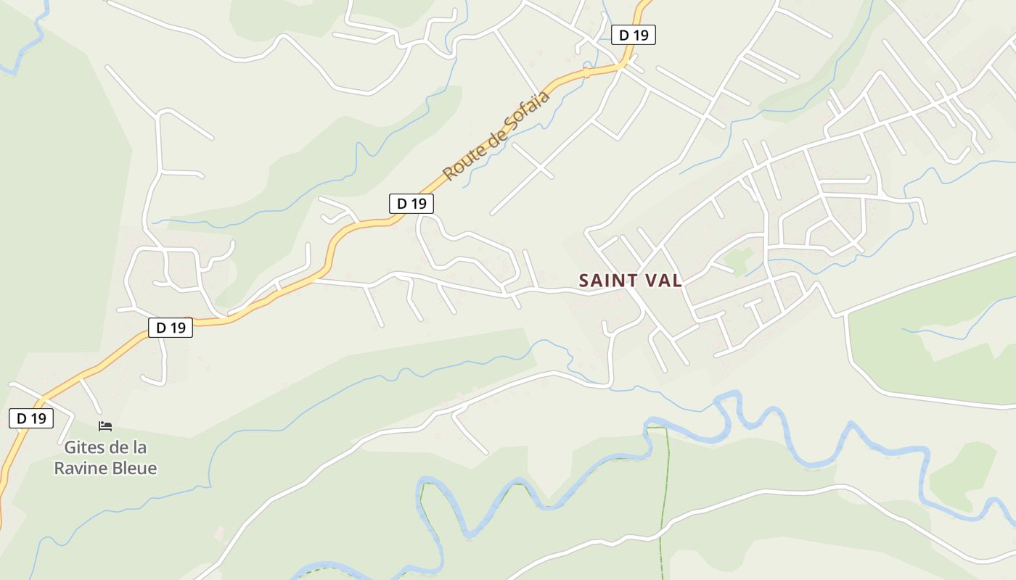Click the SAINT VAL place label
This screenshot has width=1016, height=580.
point(631,281)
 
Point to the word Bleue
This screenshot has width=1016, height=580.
point(134,468)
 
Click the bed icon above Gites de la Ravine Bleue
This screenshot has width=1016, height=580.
point(105,426)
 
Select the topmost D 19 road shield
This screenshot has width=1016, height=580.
point(634,35)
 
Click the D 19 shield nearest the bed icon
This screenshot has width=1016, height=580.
point(31,418)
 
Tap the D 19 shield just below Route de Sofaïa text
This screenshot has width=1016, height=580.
point(411,204)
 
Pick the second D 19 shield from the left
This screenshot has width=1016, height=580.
point(171,328)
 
